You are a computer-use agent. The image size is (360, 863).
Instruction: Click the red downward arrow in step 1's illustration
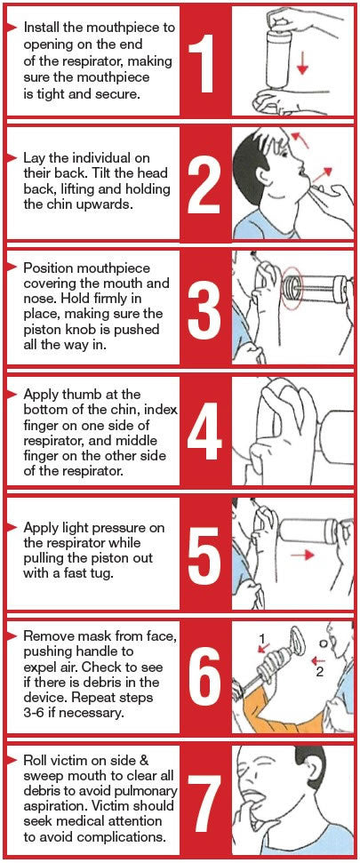pyautogui.click(x=302, y=63)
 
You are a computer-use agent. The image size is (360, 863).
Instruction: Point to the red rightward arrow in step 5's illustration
pyautogui.click(x=302, y=555)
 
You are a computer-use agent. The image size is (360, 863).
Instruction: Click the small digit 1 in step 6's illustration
pyautogui.click(x=262, y=638)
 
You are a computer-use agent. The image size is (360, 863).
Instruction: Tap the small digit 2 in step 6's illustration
pyautogui.click(x=319, y=671)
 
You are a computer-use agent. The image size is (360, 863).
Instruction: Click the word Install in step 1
pyautogui.click(x=41, y=27)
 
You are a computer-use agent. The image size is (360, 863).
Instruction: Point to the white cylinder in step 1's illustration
pyautogui.click(x=276, y=57)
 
